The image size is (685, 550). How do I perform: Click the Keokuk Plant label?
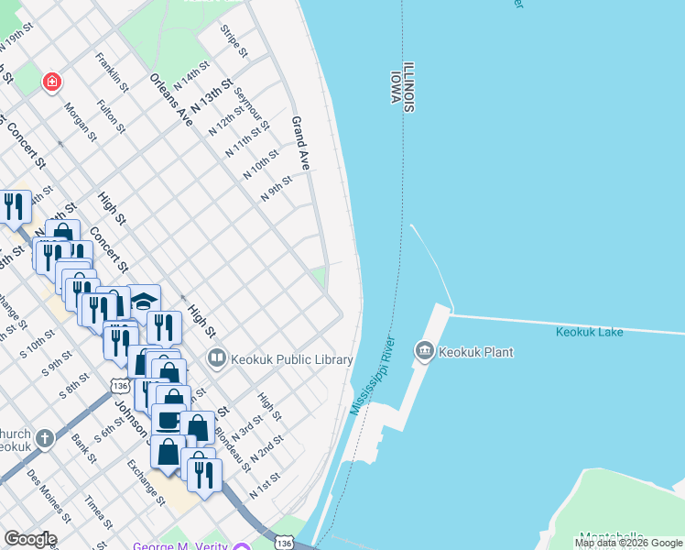point(476,352)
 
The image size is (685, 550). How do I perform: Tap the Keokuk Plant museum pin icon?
point(424,351)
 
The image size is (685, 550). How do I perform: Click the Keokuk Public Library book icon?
point(217,357)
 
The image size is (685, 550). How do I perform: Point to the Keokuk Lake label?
point(589,332)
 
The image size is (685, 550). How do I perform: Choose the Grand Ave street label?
point(299,143)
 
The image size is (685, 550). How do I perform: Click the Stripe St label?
point(234,41)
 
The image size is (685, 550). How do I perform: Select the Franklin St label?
point(112,71)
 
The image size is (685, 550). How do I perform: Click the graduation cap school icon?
point(144,300)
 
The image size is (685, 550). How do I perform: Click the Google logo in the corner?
point(29,539)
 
